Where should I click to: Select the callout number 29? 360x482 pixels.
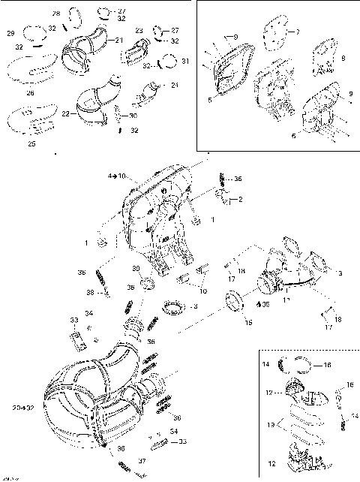tap(10, 34)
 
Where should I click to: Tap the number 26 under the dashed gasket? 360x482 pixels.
tap(31, 93)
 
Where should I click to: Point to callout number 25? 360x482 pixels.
tap(31, 143)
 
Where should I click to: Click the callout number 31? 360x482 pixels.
tap(186, 61)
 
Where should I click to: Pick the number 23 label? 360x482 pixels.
tap(139, 31)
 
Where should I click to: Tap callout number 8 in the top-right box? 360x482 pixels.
tap(343, 58)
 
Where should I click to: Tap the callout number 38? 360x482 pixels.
tap(110, 292)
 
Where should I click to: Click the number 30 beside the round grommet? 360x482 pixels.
tap(136, 269)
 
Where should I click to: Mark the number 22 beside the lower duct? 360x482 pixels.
tap(65, 113)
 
